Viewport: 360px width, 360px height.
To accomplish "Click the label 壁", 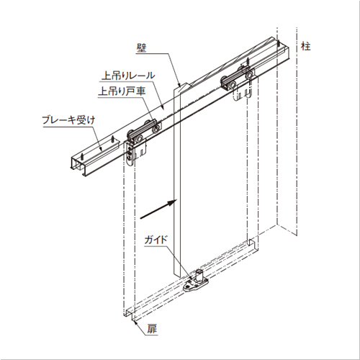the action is tap(141, 48).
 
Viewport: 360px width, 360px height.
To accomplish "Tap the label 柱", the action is tap(306, 46).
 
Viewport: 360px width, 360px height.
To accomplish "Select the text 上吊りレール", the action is tap(128, 76).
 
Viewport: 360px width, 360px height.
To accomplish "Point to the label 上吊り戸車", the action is tap(122, 91).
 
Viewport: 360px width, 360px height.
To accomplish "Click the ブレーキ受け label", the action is tap(69, 120).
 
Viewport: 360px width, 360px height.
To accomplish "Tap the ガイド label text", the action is tap(156, 240).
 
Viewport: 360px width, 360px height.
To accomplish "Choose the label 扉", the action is tap(152, 329).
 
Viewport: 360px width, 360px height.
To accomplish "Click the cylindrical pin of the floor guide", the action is tap(199, 276).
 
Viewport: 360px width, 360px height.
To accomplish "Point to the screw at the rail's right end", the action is tap(279, 44).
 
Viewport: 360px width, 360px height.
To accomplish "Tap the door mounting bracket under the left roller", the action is tap(130, 153).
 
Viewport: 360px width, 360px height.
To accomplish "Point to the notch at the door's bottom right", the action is tap(250, 242).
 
